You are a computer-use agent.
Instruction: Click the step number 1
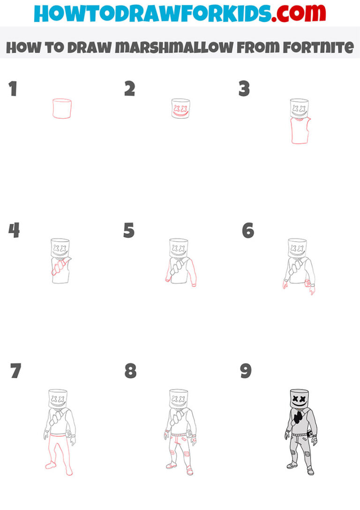(x=13, y=89)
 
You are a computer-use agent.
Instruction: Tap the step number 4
(x=14, y=230)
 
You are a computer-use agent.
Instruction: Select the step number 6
(x=248, y=230)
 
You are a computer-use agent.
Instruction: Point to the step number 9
(x=246, y=371)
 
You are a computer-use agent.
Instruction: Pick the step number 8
(x=130, y=371)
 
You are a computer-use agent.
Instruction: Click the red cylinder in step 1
(x=62, y=108)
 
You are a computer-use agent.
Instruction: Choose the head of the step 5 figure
(x=178, y=248)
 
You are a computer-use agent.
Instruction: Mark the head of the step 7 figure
(x=58, y=399)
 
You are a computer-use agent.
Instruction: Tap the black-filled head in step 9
(x=300, y=399)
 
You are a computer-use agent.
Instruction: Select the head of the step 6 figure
(x=297, y=248)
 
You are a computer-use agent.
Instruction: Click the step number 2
(x=130, y=89)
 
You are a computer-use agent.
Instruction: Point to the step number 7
(x=15, y=371)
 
